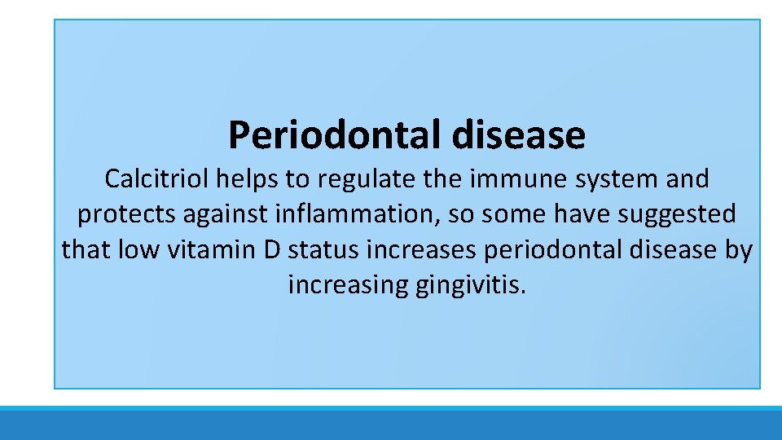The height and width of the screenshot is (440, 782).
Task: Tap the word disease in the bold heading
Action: pos(519,134)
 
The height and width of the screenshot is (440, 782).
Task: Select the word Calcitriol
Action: pos(157,178)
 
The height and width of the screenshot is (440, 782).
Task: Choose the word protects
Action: pos(126,214)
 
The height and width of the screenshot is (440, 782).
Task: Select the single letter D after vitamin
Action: pos(272,249)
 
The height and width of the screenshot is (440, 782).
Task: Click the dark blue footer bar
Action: pos(391,425)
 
